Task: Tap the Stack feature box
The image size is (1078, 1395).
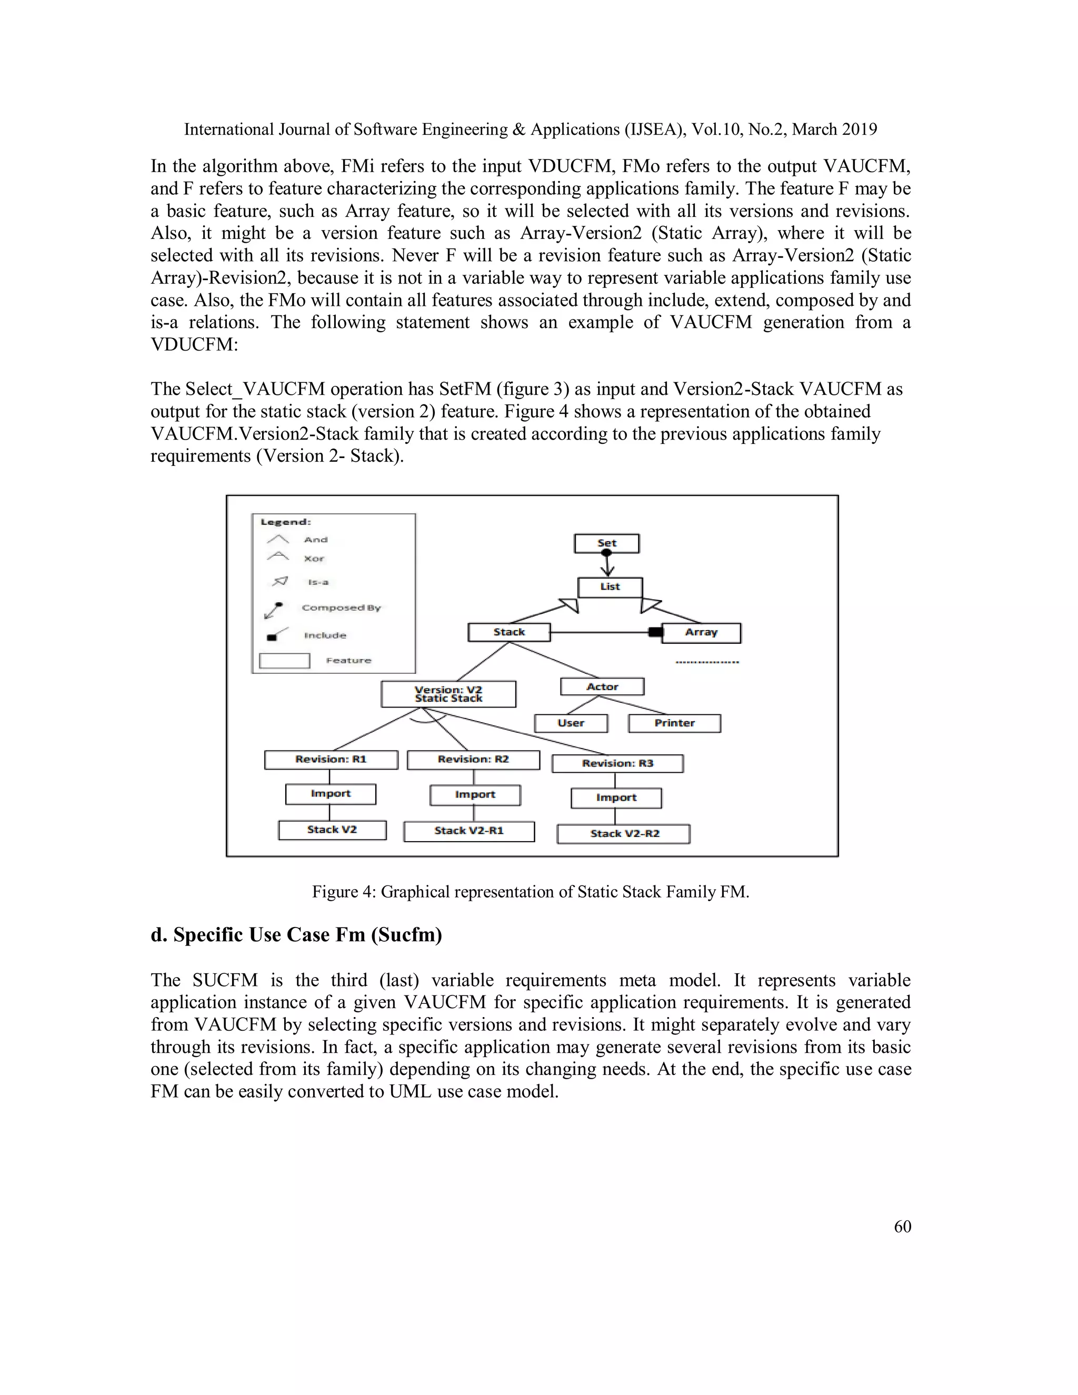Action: click(508, 632)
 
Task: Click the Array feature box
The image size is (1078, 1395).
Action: click(701, 632)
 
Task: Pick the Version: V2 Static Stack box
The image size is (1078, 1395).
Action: click(448, 694)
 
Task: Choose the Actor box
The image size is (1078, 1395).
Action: click(602, 686)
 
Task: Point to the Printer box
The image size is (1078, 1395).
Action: click(674, 723)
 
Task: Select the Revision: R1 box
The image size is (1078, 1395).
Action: click(331, 760)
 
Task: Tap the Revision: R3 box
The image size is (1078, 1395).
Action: click(617, 763)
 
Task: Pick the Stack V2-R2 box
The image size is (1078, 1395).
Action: click(624, 833)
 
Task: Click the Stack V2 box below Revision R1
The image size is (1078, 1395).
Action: click(332, 830)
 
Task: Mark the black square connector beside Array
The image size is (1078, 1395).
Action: click(655, 632)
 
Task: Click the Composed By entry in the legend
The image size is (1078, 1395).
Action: click(341, 608)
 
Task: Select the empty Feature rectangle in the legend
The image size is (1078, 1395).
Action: click(284, 661)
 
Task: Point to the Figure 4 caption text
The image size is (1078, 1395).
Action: click(530, 892)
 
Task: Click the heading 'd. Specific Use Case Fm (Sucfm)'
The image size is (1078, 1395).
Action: click(296, 934)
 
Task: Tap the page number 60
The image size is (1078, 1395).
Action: click(902, 1227)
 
